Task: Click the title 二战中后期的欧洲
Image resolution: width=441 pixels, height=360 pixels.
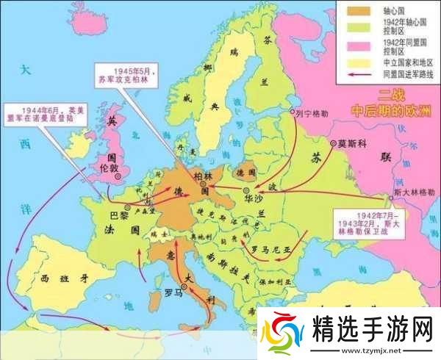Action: [392, 104]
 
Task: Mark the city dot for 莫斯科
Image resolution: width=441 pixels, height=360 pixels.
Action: [333, 143]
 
